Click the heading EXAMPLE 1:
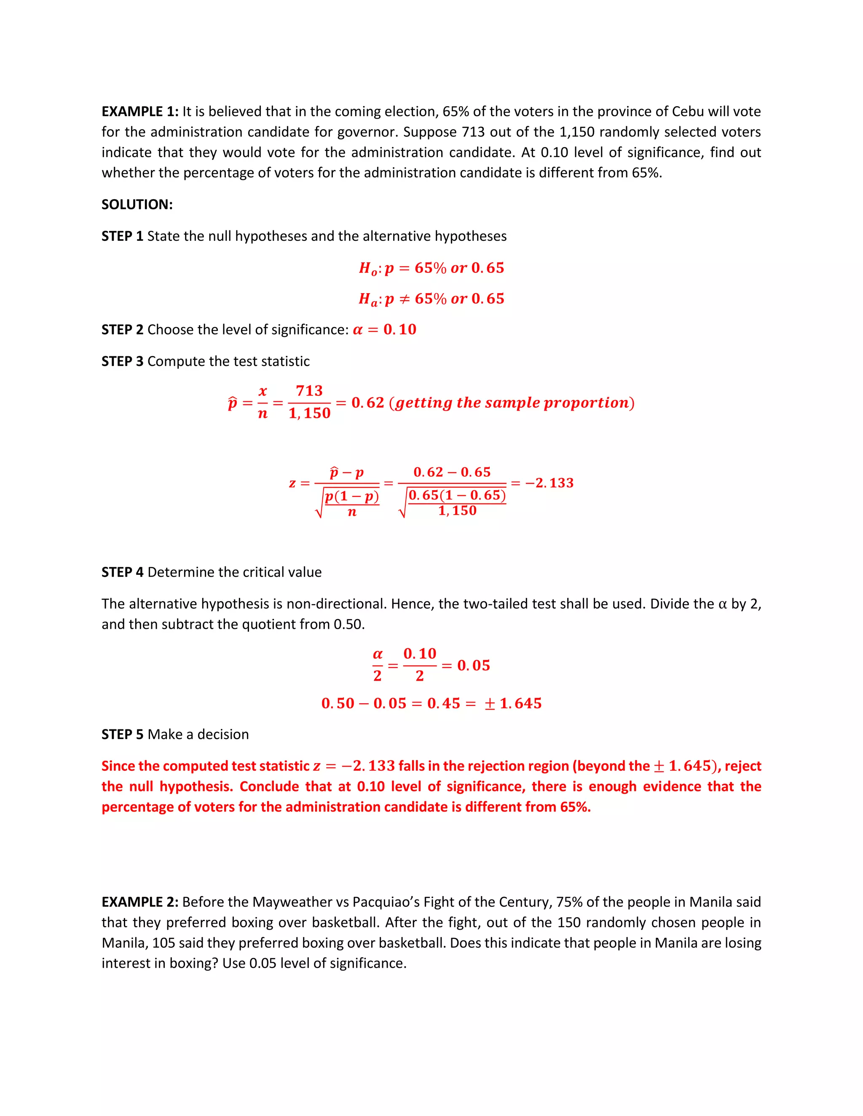point(139,112)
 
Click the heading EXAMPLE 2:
point(139,902)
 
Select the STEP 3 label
point(122,361)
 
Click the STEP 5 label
point(122,734)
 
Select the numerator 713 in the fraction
point(309,391)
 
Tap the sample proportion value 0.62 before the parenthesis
point(367,403)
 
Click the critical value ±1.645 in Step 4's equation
point(513,704)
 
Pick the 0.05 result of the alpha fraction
point(473,665)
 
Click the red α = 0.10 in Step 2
point(384,330)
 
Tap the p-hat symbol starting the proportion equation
point(233,403)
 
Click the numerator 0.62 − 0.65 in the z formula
point(452,472)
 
